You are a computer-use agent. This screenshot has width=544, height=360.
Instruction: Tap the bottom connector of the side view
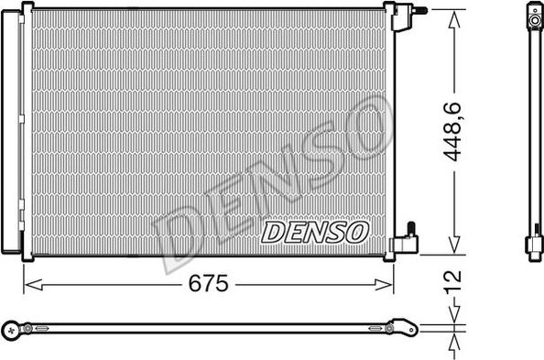tap(533, 244)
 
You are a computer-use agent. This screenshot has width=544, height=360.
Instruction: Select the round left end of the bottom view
tap(12, 327)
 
